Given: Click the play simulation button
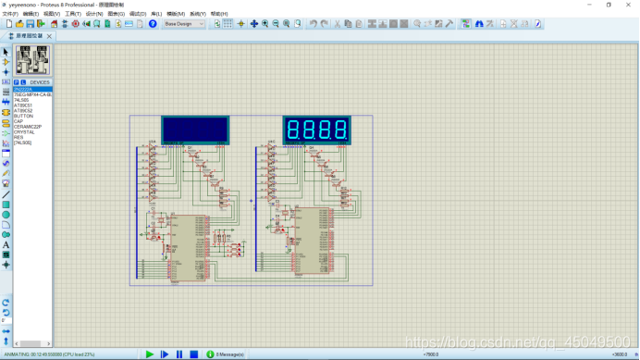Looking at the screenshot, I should [x=150, y=354].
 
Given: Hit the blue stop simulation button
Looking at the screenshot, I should [x=194, y=354].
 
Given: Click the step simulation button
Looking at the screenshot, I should [x=165, y=354].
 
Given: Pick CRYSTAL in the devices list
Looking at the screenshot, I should [x=24, y=132].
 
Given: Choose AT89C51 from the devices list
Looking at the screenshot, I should [x=23, y=106].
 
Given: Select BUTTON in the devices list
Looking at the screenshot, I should [x=23, y=116].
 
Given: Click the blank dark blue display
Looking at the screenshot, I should [x=195, y=130].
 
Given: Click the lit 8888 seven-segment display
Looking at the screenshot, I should [x=316, y=130].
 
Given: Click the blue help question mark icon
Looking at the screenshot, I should [x=154, y=24].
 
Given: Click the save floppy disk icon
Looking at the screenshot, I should [x=30, y=24].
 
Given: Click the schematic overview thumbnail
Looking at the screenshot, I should [x=32, y=61].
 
